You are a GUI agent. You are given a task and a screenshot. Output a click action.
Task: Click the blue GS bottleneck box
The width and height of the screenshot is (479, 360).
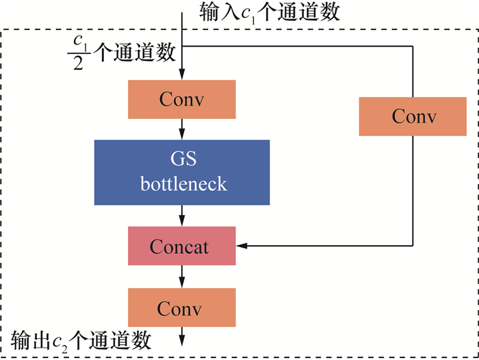[x=181, y=172]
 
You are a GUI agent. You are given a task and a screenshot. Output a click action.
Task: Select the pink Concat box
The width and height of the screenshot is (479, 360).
[x=181, y=246]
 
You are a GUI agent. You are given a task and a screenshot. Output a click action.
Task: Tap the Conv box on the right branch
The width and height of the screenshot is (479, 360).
[x=413, y=116]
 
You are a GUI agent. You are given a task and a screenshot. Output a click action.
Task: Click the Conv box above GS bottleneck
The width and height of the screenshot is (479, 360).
[x=181, y=99]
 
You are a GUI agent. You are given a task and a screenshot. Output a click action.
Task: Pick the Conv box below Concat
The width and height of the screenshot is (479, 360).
[x=181, y=307]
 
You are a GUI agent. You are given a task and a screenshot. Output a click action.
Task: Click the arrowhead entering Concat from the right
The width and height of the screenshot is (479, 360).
[x=241, y=245]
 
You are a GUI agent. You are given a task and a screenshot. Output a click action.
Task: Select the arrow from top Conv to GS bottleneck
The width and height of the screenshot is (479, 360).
[x=182, y=129]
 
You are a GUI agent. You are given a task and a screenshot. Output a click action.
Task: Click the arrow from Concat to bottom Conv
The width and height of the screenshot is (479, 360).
[x=182, y=277]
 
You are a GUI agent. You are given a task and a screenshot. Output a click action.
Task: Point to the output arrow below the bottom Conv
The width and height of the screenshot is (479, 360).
[x=182, y=337]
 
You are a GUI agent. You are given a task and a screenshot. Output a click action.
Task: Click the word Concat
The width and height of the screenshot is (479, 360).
[x=179, y=246]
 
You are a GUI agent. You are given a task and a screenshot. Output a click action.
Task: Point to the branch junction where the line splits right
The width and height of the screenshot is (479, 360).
[x=183, y=46]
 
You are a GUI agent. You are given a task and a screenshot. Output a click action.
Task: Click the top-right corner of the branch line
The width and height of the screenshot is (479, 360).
[x=413, y=46]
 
